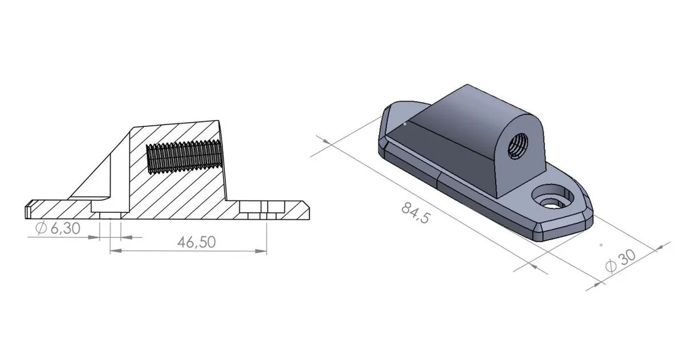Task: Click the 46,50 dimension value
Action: point(196,242)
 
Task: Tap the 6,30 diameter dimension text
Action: point(66,229)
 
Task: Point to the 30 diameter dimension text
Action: point(627,258)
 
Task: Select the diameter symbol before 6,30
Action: point(41,229)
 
